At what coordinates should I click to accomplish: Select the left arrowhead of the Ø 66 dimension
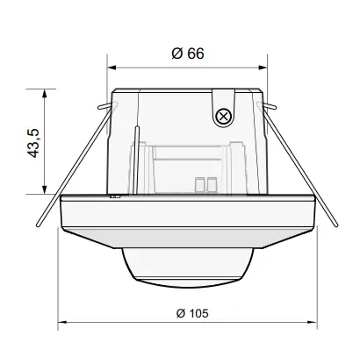pos(112,67)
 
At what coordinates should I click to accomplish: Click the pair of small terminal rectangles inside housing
pos(208,183)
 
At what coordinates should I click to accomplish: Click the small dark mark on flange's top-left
pos(115,197)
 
